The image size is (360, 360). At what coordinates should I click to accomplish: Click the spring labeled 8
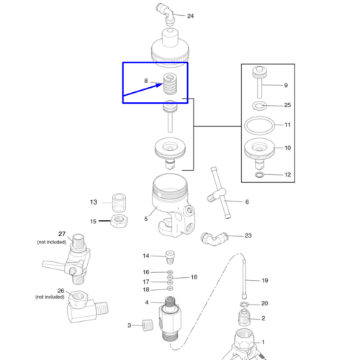(170, 84)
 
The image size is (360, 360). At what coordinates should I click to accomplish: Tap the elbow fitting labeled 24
(166, 14)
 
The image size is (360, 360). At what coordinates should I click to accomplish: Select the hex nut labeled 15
(119, 221)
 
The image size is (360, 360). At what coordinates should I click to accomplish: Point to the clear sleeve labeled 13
(119, 203)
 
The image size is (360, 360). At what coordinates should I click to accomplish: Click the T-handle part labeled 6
(220, 193)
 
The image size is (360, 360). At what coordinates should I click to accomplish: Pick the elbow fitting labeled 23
(214, 238)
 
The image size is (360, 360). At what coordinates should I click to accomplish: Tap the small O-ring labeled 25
(259, 106)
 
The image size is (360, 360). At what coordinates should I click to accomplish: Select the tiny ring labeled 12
(259, 175)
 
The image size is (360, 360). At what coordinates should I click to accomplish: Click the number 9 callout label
(286, 86)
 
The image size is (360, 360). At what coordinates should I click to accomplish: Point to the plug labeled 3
(148, 325)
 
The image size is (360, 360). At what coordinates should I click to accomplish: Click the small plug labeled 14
(170, 257)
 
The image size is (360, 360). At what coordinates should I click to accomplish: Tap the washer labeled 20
(244, 305)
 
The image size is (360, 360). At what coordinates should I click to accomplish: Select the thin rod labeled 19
(244, 279)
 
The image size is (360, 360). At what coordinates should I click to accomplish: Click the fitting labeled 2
(244, 318)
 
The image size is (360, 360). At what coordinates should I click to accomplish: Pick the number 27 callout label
(62, 234)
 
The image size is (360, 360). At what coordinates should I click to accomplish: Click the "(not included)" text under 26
(50, 297)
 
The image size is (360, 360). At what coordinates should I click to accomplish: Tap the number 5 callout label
(146, 219)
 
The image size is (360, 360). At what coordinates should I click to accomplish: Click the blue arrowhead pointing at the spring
(159, 85)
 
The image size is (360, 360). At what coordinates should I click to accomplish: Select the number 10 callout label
(288, 148)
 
